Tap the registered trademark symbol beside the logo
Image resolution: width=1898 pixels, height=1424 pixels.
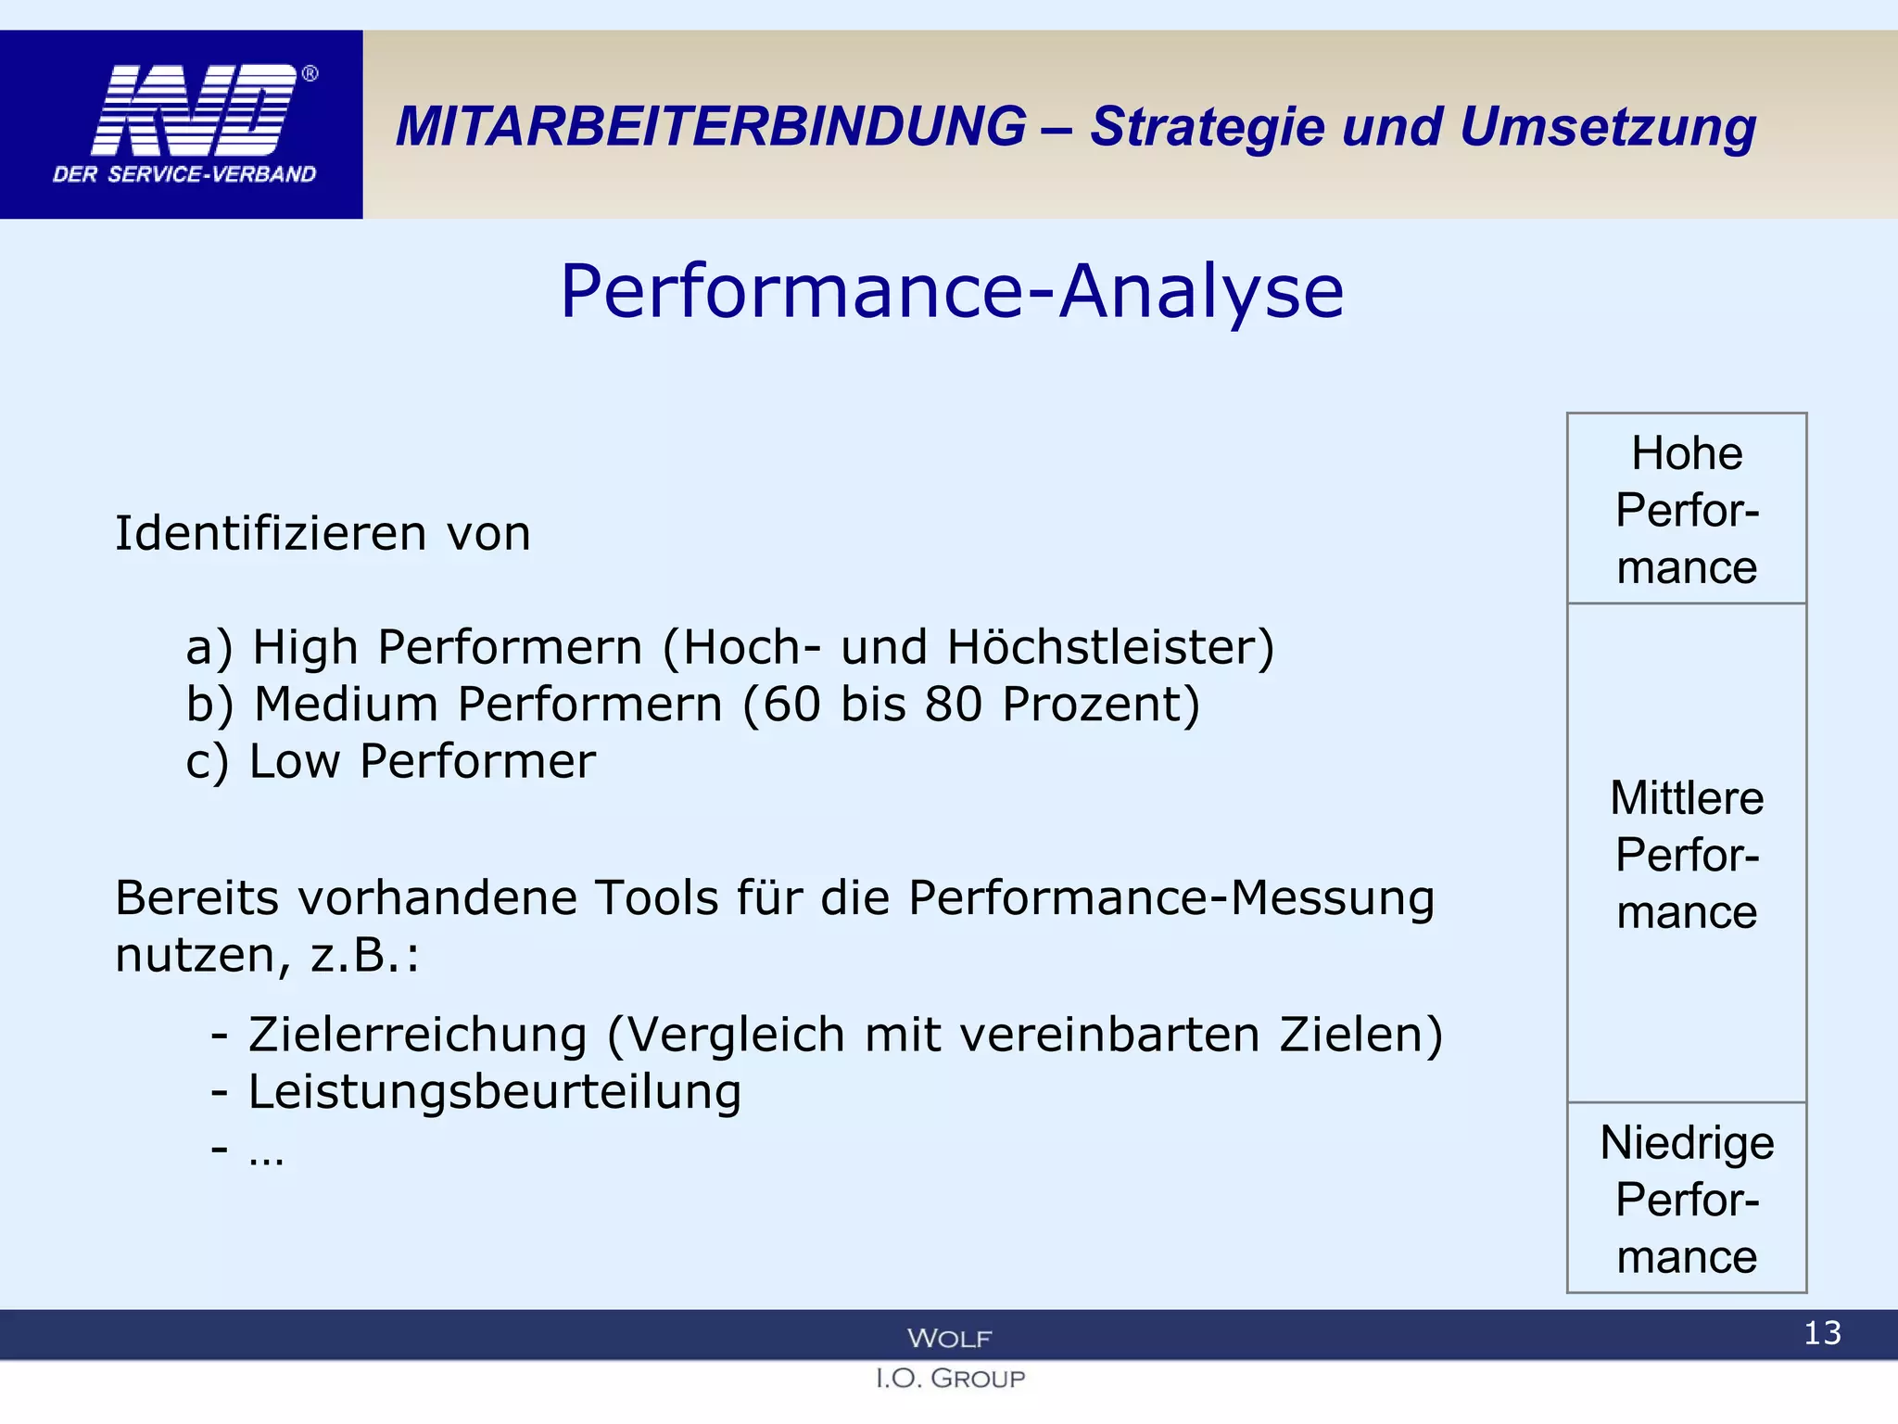click(x=310, y=73)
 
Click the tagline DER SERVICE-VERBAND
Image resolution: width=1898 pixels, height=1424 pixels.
click(x=184, y=174)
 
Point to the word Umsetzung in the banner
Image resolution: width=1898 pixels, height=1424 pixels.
click(x=1607, y=128)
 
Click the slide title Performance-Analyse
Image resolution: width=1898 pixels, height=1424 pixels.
click(x=952, y=291)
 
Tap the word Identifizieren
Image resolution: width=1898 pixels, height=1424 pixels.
click(x=271, y=533)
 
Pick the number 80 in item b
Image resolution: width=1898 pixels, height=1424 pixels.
click(x=953, y=705)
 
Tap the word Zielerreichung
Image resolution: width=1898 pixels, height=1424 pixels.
click(x=418, y=1035)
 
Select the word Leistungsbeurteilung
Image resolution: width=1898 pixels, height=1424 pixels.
click(x=495, y=1092)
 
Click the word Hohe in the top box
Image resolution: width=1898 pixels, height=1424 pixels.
click(x=1687, y=454)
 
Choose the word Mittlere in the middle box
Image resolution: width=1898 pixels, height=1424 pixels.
click(x=1687, y=798)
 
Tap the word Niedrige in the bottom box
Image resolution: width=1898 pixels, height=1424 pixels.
click(x=1687, y=1143)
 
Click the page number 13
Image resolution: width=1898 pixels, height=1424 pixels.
click(x=1822, y=1333)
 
